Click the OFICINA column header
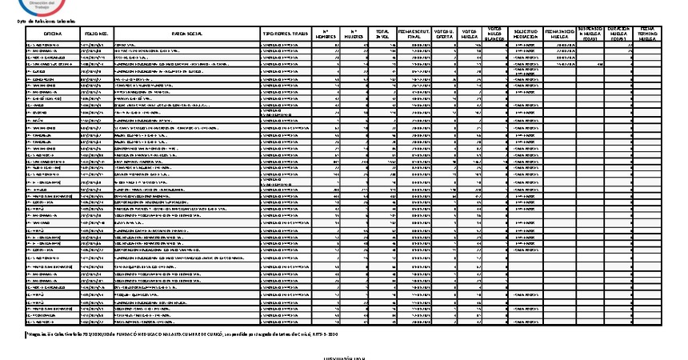54,34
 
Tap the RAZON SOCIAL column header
186,34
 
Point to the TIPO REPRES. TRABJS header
286,34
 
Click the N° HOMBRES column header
325,34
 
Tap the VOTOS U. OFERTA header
444,34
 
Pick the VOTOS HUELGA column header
470,34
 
